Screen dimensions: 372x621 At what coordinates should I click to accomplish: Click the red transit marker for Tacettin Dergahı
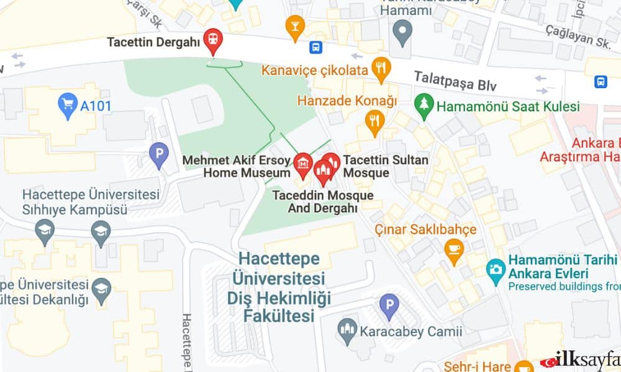[x=214, y=40]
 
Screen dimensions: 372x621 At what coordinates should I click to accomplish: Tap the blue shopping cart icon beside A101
[x=67, y=104]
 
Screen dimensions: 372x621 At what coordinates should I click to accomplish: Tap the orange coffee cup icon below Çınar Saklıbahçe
[x=455, y=250]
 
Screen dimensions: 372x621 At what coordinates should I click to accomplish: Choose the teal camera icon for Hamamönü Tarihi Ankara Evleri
[x=495, y=270]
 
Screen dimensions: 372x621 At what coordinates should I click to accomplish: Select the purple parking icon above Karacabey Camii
[x=389, y=304]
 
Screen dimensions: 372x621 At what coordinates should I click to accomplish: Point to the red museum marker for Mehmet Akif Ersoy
[x=302, y=164]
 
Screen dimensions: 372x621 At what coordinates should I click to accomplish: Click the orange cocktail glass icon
[x=295, y=25]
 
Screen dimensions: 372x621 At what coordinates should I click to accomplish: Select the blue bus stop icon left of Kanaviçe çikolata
[x=316, y=47]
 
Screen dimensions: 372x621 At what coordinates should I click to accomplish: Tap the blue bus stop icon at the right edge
[x=601, y=81]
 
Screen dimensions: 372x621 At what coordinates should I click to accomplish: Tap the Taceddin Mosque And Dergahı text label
[x=322, y=201]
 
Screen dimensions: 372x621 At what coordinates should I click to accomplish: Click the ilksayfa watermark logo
[x=581, y=360]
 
